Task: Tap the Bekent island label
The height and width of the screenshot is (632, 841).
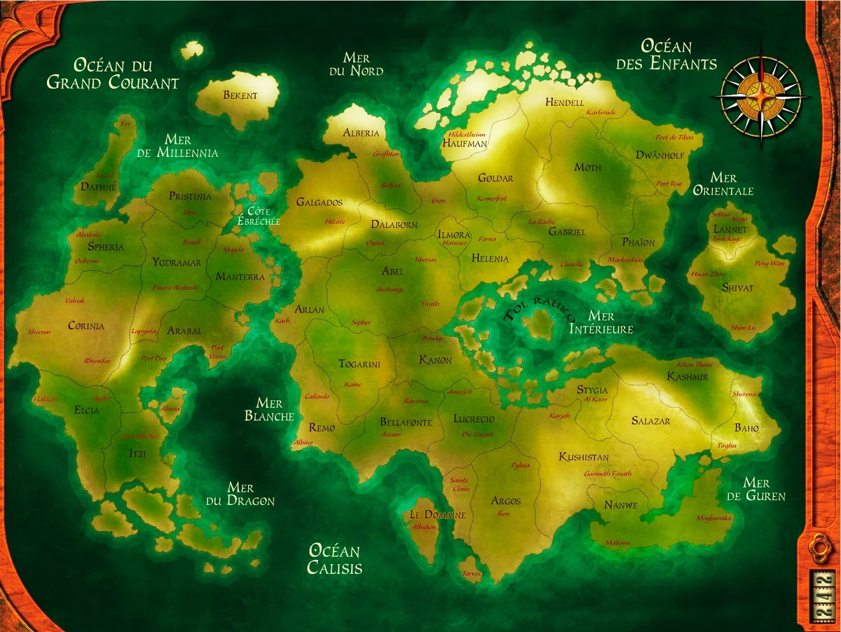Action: coord(240,96)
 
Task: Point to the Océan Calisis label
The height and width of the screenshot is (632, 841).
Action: coord(335,559)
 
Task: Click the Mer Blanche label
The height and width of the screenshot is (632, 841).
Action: coord(269,410)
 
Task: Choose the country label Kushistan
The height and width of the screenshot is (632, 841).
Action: coord(584,458)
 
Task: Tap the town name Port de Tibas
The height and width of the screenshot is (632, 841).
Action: coord(674,138)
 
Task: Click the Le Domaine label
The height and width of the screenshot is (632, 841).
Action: coord(437,515)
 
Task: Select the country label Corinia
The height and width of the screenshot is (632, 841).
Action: coord(86,326)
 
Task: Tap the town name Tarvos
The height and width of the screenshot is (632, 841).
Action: coord(472,574)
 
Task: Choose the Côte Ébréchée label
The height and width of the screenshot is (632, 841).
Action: coord(259,216)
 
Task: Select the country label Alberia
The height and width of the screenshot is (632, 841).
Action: coord(361,133)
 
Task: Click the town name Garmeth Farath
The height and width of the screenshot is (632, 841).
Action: coord(608,474)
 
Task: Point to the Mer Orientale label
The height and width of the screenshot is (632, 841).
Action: coord(723,184)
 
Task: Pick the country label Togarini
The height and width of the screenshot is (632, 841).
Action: coord(360,364)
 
